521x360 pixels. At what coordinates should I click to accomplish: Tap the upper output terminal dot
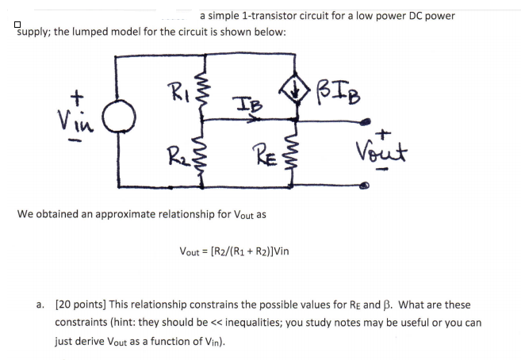coord(366,121)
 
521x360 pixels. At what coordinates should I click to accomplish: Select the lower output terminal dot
coord(366,188)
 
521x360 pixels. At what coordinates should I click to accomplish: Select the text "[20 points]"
coord(82,304)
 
